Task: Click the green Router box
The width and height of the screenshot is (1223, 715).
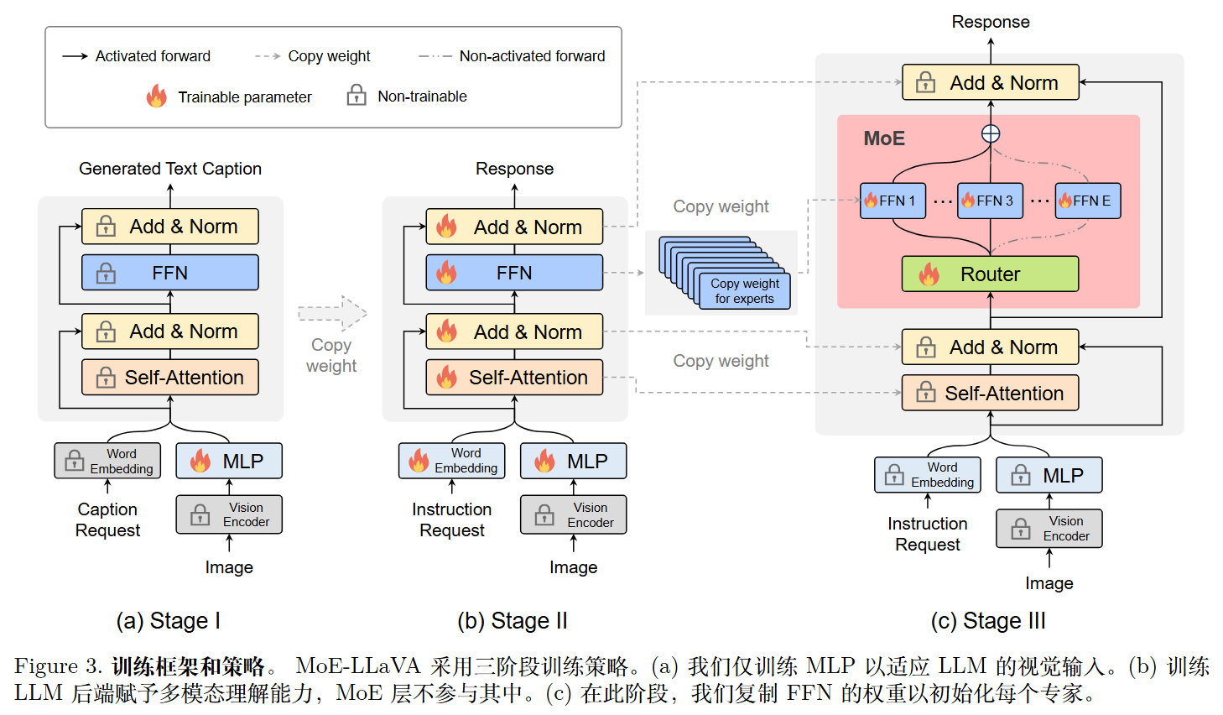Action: coord(990,274)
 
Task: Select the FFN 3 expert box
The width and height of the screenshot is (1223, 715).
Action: coord(990,201)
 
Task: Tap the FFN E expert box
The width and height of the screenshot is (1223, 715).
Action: coord(1088,201)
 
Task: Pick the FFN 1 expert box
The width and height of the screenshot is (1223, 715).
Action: coord(893,201)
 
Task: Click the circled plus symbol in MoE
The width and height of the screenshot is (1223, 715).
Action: coord(991,133)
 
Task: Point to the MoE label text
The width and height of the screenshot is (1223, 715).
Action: coord(884,138)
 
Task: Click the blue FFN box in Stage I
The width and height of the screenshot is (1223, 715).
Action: coord(169,273)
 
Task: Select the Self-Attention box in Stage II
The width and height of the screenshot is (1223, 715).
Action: coord(514,378)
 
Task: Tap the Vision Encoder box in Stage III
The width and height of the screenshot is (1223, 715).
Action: coord(1049,529)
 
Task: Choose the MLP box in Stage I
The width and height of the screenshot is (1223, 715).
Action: coord(229,462)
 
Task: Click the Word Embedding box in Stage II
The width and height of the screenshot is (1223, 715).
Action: coord(452,461)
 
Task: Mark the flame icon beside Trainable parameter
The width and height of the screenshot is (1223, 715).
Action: coord(156,97)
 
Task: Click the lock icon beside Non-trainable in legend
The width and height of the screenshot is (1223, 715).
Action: coord(356,96)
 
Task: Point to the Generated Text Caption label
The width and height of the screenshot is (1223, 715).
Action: coord(170,169)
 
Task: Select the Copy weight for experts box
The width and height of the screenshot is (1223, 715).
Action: coord(744,291)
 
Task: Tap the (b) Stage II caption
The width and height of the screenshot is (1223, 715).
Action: coord(513,621)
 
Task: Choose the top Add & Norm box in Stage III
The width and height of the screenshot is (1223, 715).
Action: coord(990,83)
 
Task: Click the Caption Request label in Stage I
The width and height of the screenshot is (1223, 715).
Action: coord(107,519)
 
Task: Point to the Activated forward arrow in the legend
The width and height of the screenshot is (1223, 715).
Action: coord(75,56)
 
